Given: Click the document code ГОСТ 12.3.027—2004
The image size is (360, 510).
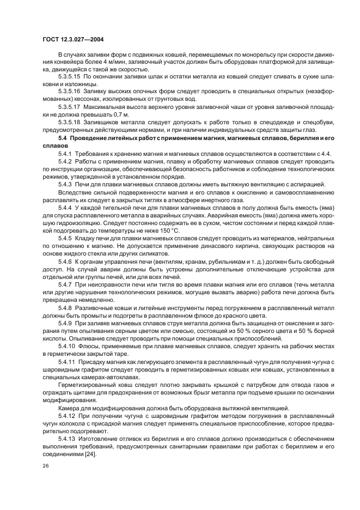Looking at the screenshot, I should [x=73, y=39].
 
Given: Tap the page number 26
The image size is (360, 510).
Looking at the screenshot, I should [x=45, y=466].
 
